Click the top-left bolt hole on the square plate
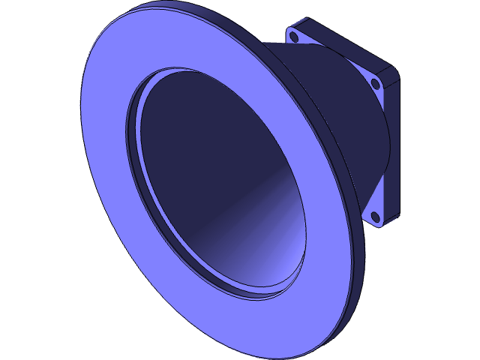click(294, 36)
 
